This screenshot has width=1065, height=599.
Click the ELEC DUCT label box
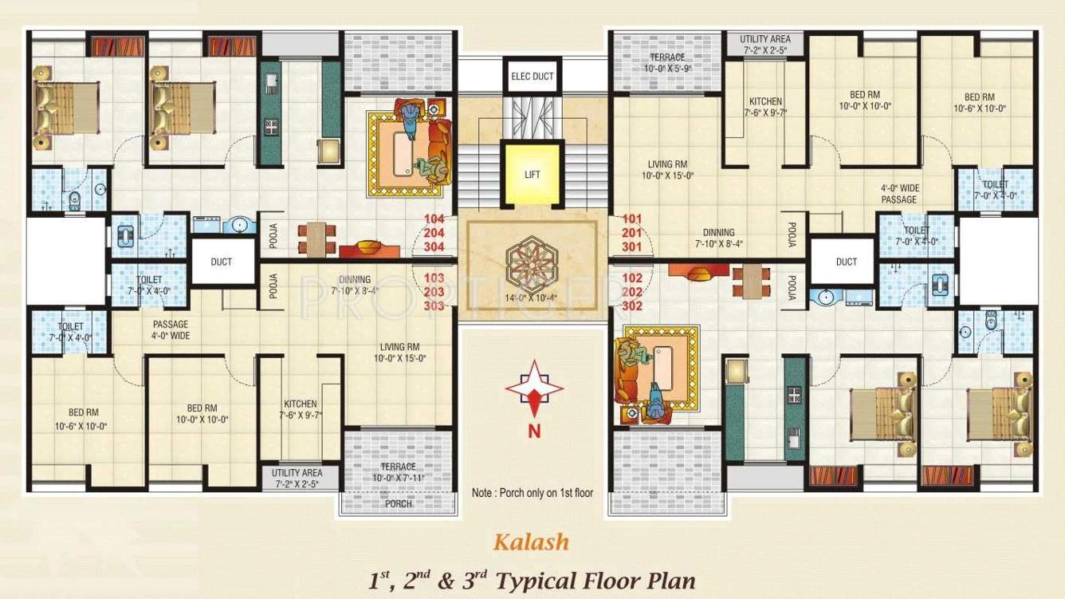click(x=532, y=76)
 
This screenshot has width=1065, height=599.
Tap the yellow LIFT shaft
click(x=532, y=174)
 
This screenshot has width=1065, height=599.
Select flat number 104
click(x=434, y=219)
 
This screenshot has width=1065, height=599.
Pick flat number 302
click(x=632, y=306)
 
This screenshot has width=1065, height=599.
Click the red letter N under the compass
click(x=534, y=431)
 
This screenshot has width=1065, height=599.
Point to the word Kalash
click(x=531, y=542)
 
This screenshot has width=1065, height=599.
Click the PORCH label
click(x=399, y=504)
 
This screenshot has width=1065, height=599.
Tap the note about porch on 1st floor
click(x=532, y=493)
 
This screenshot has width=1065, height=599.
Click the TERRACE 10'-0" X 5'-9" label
click(x=667, y=63)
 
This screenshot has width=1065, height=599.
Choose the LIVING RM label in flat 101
click(x=667, y=169)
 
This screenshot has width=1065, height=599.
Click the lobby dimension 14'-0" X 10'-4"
click(x=531, y=298)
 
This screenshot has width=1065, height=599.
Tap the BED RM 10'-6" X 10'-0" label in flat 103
click(x=81, y=420)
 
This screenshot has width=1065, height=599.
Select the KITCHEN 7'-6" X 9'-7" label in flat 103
click(x=301, y=409)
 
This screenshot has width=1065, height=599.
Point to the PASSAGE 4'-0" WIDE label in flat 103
click(x=171, y=329)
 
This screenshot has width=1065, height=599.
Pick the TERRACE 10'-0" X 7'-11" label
click(x=399, y=472)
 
